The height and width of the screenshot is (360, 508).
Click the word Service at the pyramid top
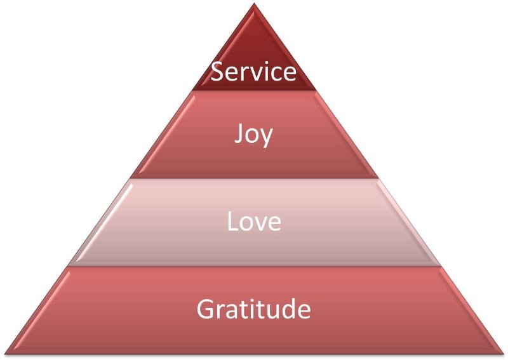[x=253, y=72]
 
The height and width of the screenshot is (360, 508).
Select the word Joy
[x=253, y=136]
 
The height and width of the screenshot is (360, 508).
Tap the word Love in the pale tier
[x=254, y=222]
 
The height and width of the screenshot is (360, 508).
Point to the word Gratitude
[x=253, y=309]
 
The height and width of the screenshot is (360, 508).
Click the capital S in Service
[x=217, y=72]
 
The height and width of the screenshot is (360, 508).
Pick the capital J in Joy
[x=239, y=134]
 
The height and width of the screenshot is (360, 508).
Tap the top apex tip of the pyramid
[x=254, y=3]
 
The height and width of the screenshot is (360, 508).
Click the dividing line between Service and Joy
[x=254, y=90]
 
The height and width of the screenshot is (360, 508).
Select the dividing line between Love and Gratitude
[x=254, y=267]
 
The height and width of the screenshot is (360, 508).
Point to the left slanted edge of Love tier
[x=99, y=222]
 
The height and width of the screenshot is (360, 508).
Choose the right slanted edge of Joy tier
[x=347, y=134]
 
